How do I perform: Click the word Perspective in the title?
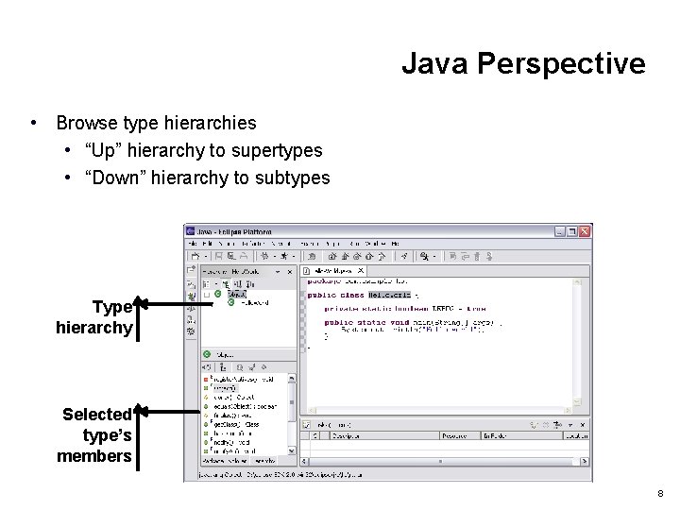(x=561, y=64)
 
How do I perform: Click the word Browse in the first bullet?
(x=86, y=123)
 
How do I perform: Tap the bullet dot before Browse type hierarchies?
(x=34, y=123)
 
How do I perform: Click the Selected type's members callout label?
(x=95, y=434)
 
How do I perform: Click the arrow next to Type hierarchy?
(x=170, y=304)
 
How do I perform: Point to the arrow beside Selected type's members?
(x=170, y=412)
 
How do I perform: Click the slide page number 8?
(x=660, y=493)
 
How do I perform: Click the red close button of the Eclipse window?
(x=585, y=230)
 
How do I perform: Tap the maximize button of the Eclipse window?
(x=573, y=230)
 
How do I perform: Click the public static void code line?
(x=406, y=322)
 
